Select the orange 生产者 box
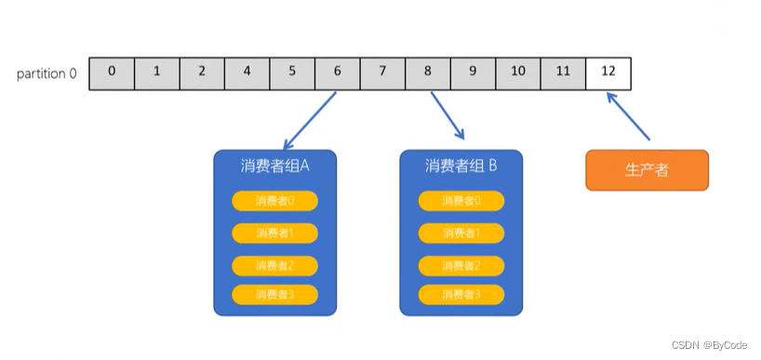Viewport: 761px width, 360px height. tap(647, 171)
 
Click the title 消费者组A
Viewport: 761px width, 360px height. tap(274, 167)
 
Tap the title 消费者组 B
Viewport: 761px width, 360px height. tap(461, 167)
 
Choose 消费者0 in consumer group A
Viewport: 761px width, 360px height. tap(274, 201)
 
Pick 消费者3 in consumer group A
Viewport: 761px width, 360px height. tap(274, 295)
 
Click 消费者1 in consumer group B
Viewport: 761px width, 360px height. tap(461, 233)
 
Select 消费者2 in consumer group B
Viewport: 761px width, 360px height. tap(461, 265)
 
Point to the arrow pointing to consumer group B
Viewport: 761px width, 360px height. tap(447, 114)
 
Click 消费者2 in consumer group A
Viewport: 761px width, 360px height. tap(274, 265)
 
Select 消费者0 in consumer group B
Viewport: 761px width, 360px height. tap(461, 201)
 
